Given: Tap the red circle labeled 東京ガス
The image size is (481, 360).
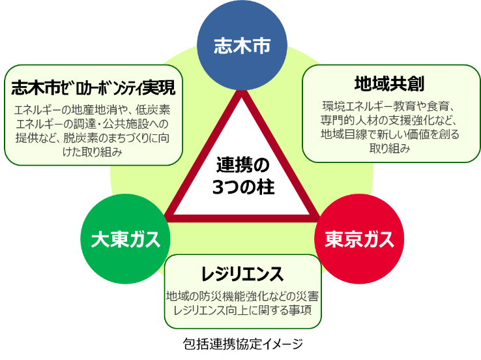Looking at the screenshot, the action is point(360,240).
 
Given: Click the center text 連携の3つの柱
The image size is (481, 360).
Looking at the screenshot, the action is point(242,175).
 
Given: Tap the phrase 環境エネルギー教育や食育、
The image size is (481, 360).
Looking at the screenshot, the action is point(390,106).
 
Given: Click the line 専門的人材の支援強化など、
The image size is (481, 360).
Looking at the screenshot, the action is point(390,120).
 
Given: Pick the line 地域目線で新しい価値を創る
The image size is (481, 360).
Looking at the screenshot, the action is point(390,134).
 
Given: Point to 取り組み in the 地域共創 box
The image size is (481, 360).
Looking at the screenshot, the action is point(390,149).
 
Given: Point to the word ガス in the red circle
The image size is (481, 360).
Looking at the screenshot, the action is point(377,240).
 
